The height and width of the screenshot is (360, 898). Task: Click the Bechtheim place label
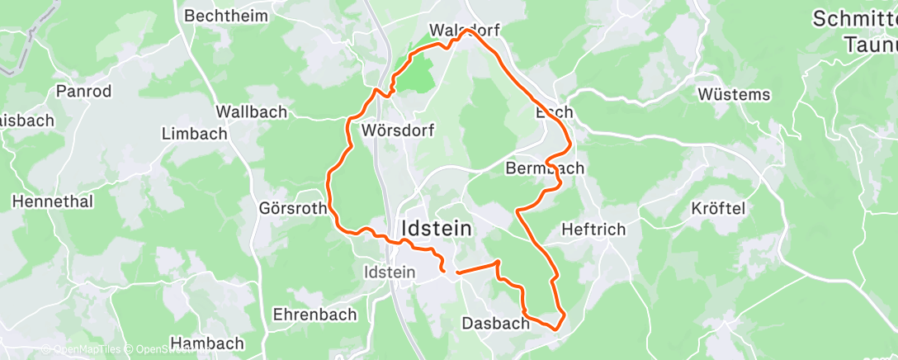223,16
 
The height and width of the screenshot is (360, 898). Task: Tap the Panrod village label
83,92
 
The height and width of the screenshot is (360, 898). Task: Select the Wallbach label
251,111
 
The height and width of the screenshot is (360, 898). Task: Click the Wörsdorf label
398,130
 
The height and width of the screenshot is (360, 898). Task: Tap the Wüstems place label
734,94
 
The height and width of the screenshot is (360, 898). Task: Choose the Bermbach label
544,168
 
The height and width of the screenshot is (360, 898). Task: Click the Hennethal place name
53,201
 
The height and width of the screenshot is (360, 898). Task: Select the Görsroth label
293,209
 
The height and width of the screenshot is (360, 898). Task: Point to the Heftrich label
593,230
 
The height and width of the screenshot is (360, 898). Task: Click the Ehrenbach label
314,315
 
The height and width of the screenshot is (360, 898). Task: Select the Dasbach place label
495,323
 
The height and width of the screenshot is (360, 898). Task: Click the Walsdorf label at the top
465,31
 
